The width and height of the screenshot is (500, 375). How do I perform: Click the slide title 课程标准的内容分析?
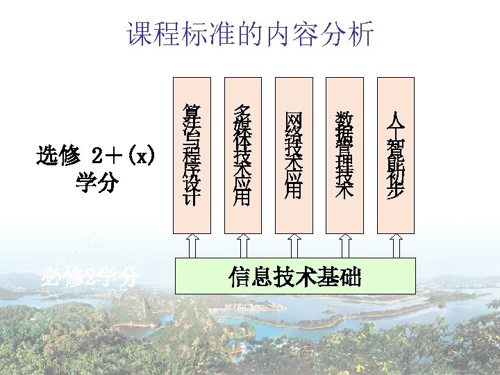250,33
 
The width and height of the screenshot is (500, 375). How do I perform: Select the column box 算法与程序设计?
192,156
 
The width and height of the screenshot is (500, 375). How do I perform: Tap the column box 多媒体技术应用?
242,156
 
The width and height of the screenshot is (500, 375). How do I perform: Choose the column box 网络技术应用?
294,156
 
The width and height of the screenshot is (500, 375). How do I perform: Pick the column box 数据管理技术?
344,156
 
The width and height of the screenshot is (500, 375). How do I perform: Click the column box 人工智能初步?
395,156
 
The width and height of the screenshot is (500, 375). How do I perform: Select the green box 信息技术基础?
294,276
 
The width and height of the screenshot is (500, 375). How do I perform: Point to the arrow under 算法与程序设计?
192,245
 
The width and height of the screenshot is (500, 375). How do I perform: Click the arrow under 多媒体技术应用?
242,245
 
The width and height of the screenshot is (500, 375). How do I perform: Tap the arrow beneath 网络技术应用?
294,245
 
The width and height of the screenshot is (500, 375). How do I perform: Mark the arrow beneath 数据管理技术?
344,245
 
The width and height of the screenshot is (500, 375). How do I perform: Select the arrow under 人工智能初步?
395,245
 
